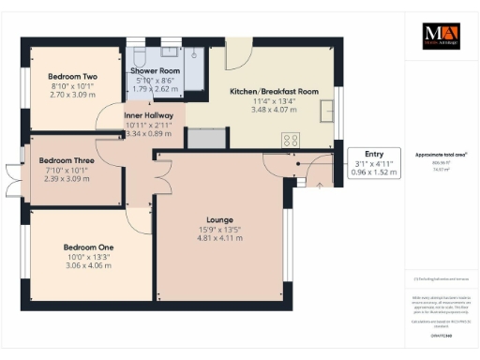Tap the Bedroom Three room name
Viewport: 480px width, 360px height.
pyautogui.click(x=65, y=160)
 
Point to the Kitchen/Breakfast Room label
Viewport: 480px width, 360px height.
pyautogui.click(x=275, y=92)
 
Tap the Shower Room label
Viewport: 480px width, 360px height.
pyautogui.click(x=155, y=70)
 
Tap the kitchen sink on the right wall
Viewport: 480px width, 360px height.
pyautogui.click(x=328, y=111)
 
